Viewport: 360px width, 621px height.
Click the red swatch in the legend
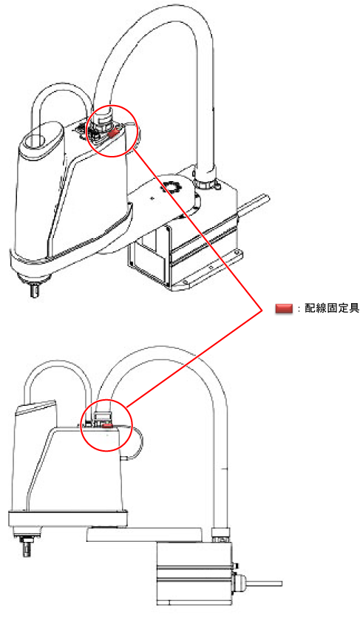tap(284, 308)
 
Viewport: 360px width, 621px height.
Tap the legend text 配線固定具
tap(332, 308)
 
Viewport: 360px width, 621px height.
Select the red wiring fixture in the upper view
tap(113, 132)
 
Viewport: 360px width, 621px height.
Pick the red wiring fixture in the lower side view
tap(108, 426)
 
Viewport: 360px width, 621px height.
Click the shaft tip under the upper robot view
tap(35, 291)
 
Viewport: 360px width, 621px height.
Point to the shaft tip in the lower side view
tap(27, 550)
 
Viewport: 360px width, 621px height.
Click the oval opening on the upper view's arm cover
tap(35, 140)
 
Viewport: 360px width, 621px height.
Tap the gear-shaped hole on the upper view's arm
tap(170, 186)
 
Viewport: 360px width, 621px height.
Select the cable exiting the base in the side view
tap(264, 583)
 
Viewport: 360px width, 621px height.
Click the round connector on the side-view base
tap(239, 583)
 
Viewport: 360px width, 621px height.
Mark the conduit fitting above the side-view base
tap(220, 536)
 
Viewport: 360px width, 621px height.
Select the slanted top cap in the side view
tap(35, 407)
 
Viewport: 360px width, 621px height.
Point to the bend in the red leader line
tap(262, 309)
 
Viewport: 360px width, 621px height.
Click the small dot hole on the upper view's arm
tap(152, 197)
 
